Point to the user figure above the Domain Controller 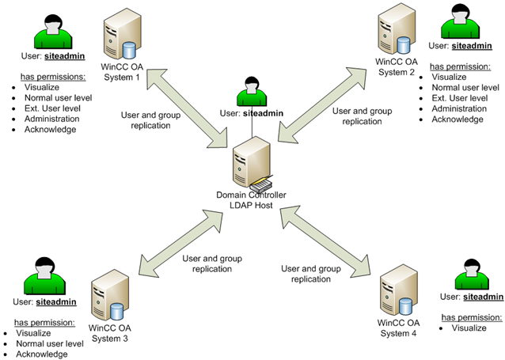(x=251, y=93)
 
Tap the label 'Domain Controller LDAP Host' (x=251, y=200)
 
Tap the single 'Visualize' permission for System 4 (x=469, y=328)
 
